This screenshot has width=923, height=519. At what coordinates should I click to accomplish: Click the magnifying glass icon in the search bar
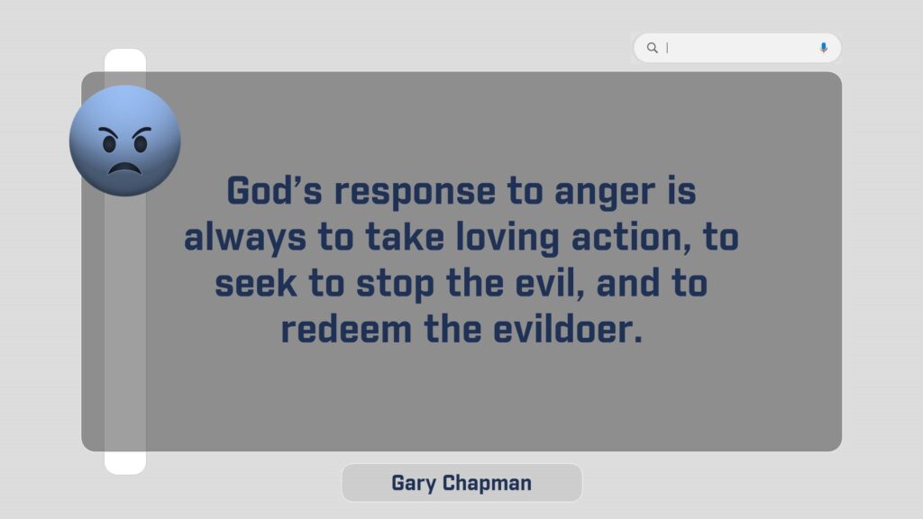point(653,48)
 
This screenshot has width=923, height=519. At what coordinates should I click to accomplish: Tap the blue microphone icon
point(824,48)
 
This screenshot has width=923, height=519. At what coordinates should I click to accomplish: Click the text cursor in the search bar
point(667,48)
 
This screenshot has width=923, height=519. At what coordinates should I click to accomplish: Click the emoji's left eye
point(109,142)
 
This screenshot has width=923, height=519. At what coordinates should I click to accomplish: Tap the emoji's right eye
point(141,142)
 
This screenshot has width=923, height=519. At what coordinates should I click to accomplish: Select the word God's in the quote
point(274,191)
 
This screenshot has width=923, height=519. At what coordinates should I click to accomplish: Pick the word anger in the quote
point(605,193)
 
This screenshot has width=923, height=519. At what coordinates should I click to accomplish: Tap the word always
point(245,238)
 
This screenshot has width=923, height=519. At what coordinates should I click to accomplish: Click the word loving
point(507,238)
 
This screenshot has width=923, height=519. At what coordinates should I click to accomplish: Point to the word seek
point(255,283)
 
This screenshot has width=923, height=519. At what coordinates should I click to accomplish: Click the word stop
point(395,286)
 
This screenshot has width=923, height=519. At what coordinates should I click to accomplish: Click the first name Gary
point(414,483)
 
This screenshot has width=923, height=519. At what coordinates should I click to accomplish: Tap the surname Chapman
point(487,483)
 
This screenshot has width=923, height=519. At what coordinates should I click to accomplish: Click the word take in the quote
point(405,237)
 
